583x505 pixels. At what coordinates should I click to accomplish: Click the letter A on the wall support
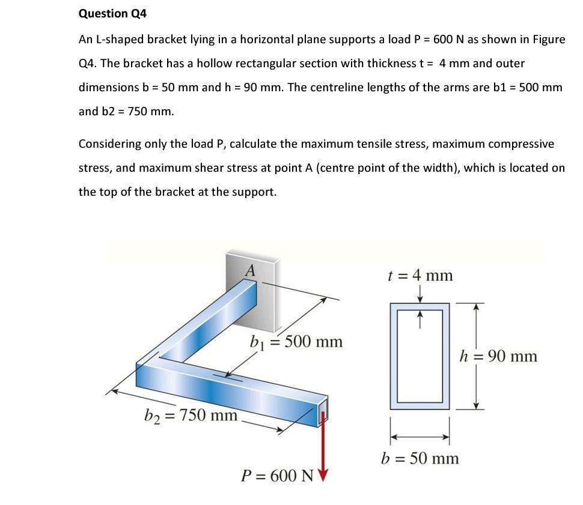pos(251,270)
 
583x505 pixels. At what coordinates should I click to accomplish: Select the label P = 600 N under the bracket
pos(277,476)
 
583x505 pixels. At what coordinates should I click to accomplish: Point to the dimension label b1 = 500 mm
pos(296,342)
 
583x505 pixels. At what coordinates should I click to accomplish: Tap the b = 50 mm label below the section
pos(420,459)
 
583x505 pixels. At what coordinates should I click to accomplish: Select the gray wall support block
pos(264,294)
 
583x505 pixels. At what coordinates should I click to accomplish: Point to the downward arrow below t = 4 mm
pos(420,295)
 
